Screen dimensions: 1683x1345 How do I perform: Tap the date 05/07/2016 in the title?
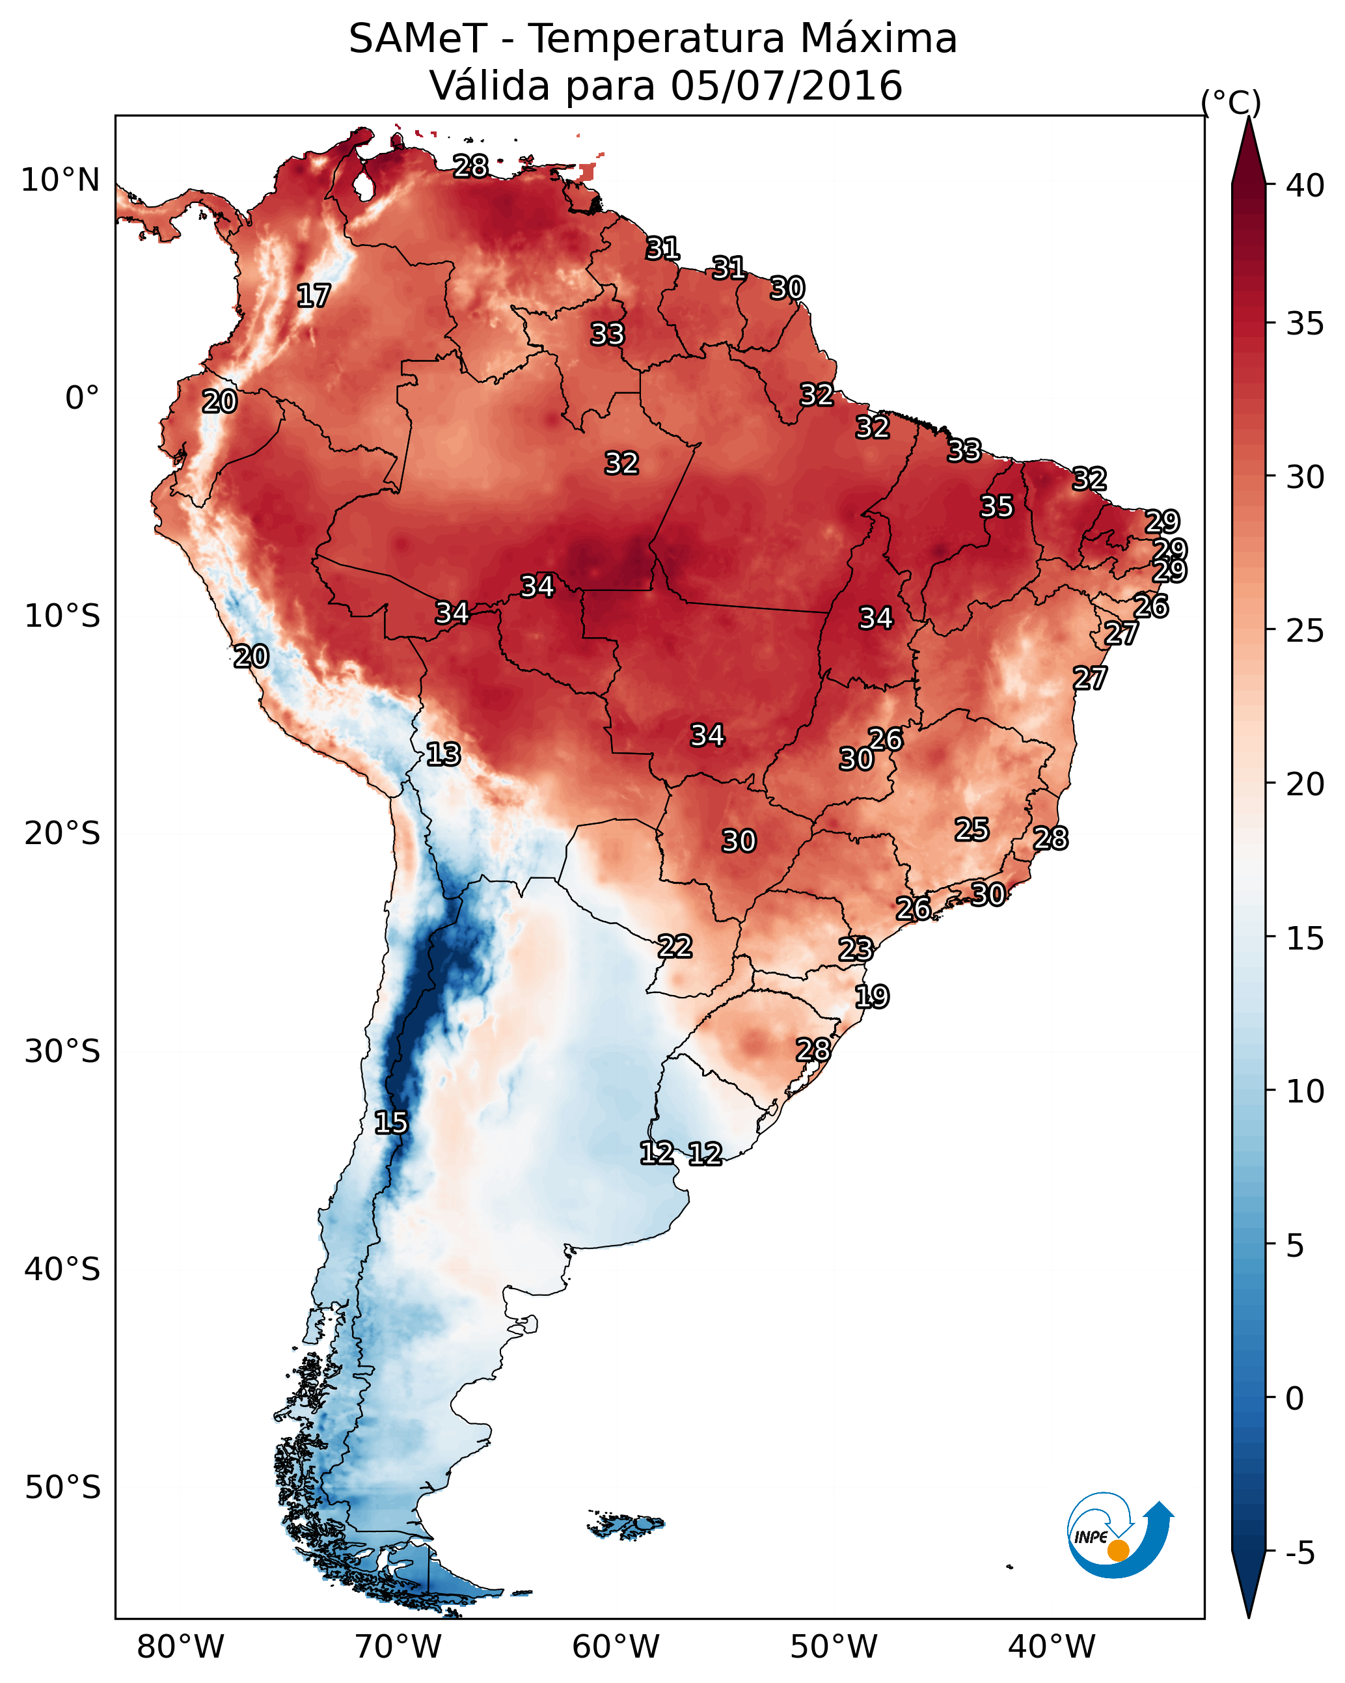coord(786,86)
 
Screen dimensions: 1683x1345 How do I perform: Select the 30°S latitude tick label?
coord(62,1052)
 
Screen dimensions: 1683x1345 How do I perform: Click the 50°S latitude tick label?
coord(62,1487)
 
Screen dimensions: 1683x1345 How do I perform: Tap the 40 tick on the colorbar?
coord(1305,185)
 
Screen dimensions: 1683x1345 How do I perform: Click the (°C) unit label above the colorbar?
coord(1230,102)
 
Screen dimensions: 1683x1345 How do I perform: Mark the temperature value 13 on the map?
coord(443,754)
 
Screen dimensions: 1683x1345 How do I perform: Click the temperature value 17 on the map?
coord(314,296)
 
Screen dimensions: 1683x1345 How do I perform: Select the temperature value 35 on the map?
coord(997,506)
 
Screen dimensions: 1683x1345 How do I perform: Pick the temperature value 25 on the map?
coord(972,829)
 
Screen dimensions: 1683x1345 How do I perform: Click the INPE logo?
coord(1118,1538)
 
